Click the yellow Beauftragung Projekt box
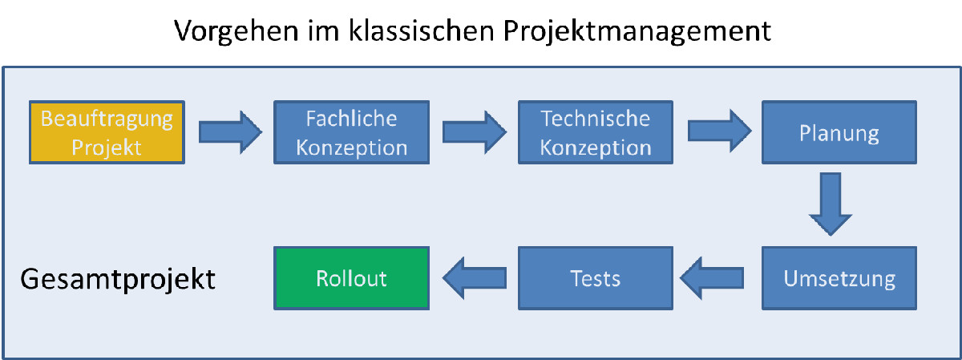coord(107,132)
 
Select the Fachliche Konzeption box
coord(351,132)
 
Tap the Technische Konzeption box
coord(595,132)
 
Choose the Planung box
coord(839,132)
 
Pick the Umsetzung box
coord(839,278)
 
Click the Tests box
coord(595,278)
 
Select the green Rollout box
coord(351,278)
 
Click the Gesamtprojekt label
coord(117,280)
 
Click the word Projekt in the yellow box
coord(107,147)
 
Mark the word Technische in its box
coord(595,119)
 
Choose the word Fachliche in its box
coord(351,119)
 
